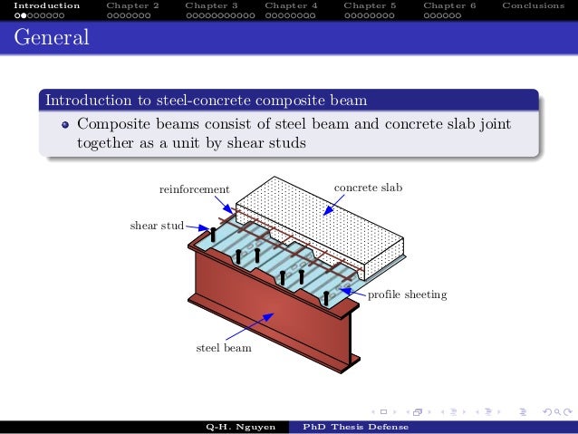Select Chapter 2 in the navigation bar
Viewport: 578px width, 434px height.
[x=131, y=5]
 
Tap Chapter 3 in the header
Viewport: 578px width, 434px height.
[x=211, y=5]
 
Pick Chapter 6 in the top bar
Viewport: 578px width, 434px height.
[x=448, y=5]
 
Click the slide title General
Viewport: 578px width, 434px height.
[x=51, y=39]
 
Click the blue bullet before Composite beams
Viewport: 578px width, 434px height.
[x=65, y=124]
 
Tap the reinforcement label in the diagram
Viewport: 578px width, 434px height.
[x=194, y=188]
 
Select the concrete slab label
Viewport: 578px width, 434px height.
[x=367, y=188]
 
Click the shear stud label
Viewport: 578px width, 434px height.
[x=157, y=225]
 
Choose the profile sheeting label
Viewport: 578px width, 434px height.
[x=407, y=295]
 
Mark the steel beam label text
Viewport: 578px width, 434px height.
[x=224, y=347]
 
